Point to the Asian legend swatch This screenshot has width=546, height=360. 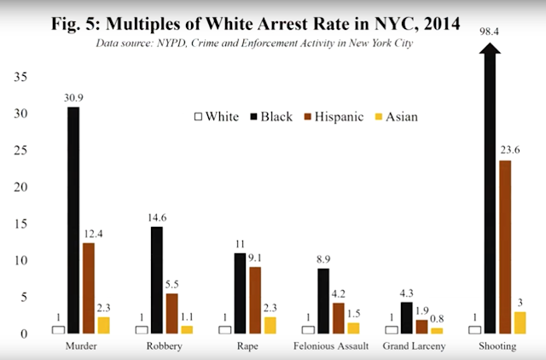tap(380, 117)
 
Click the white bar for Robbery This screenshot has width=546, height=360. tap(141, 329)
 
